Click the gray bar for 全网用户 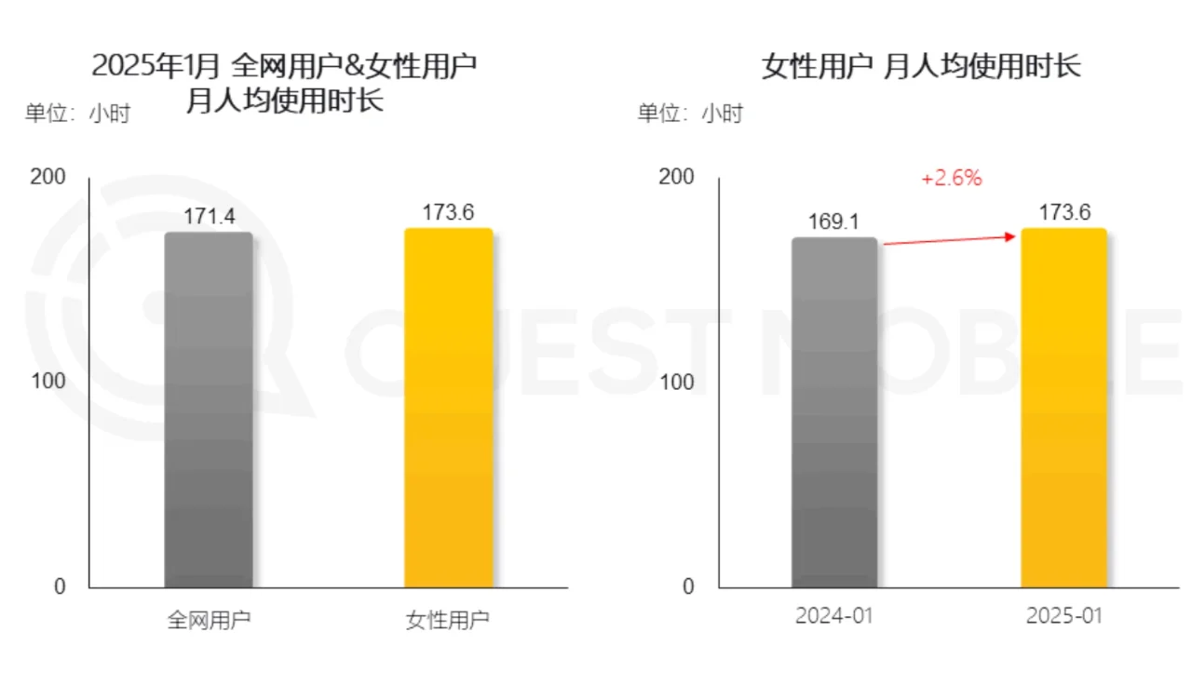point(209,410)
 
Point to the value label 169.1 point(834,223)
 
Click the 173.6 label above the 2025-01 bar point(1064,213)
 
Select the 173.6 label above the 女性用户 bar point(448,213)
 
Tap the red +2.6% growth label point(951,178)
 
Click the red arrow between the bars point(949,240)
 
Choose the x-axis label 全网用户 point(209,620)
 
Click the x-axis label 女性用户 point(448,620)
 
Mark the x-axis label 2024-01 point(834,616)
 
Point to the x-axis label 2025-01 point(1064,616)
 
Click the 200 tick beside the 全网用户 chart point(48,177)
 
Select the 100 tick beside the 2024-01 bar point(677,382)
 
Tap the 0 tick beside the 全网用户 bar point(60,586)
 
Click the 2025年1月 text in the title point(156,66)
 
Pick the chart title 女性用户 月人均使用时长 point(921,66)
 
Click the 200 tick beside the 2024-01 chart point(677,177)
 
